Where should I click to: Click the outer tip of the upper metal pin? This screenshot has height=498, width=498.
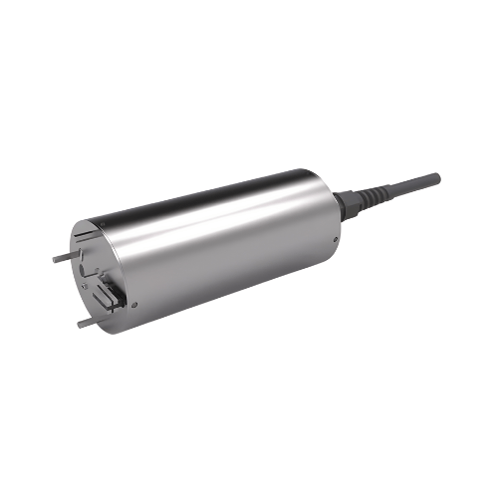[x=54, y=258]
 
